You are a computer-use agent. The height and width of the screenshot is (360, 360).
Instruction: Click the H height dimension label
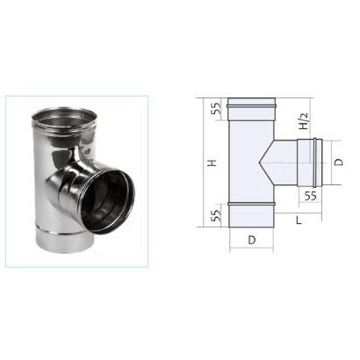tap(212, 162)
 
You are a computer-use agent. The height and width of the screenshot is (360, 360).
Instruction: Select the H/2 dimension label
tap(305, 121)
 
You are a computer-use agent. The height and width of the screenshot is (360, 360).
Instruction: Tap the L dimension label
tap(299, 220)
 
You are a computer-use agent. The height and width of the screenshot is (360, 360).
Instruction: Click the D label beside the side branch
tap(338, 162)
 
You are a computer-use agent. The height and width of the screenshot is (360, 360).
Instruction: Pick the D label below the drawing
tap(252, 240)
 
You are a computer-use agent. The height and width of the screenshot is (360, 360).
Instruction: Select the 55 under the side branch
tap(310, 196)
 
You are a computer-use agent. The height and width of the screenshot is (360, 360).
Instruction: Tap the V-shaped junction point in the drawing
tap(259, 162)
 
